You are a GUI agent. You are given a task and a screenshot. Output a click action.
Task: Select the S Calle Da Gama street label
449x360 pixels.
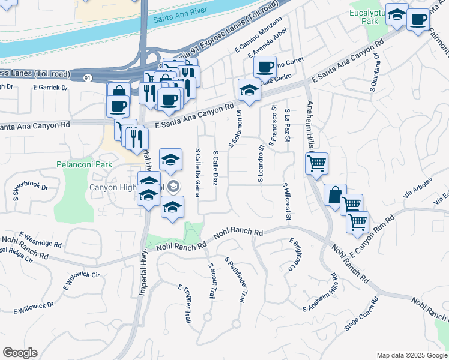coord(197,172)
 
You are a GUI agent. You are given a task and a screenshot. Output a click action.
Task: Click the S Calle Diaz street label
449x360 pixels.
coord(215,168)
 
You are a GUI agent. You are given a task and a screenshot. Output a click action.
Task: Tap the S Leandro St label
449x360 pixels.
coord(261,164)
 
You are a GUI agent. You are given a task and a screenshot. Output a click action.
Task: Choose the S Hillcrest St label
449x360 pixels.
coord(286,202)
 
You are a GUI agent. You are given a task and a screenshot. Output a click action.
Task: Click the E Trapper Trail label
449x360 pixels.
coord(185,306)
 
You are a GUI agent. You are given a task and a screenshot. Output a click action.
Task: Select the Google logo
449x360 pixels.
coord(20,353)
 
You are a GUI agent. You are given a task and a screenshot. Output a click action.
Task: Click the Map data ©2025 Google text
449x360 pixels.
coord(412,355)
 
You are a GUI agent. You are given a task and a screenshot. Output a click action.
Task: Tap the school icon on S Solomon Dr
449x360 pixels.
coord(249,90)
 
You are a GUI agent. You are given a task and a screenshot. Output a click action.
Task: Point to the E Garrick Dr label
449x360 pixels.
coord(52,88)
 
